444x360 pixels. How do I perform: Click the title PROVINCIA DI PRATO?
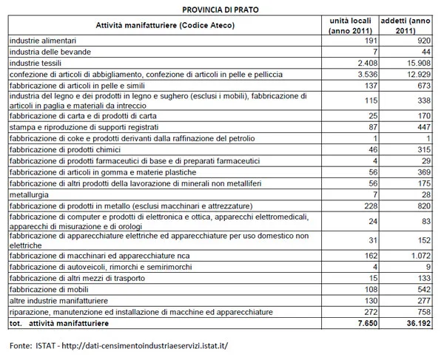(x=221, y=8)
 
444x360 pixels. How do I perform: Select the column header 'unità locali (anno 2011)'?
(x=350, y=25)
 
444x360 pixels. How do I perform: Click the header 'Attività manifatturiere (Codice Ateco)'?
(x=165, y=25)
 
